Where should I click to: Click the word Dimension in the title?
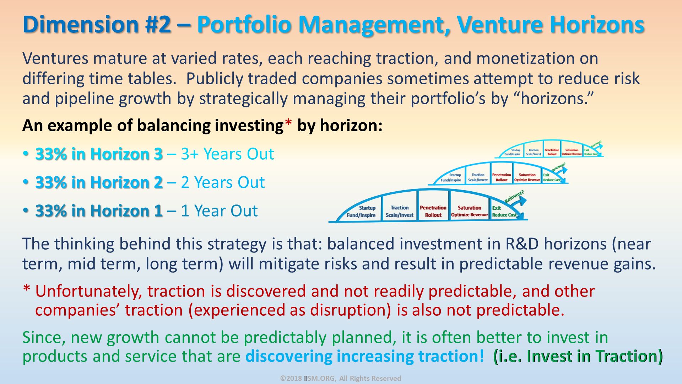tap(80, 25)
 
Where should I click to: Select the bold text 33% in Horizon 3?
tap(99, 154)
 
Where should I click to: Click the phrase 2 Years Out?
tap(223, 182)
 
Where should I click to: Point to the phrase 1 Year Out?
tap(219, 211)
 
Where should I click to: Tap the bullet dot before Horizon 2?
tap(25, 182)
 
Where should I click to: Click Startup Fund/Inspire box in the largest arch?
tap(361, 212)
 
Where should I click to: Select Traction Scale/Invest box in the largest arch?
tap(399, 211)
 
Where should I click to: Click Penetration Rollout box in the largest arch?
tap(433, 211)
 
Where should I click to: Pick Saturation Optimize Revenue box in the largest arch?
tap(469, 211)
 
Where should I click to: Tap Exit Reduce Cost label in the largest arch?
tap(503, 212)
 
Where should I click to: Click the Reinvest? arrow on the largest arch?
tap(517, 199)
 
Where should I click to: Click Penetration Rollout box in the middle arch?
tap(502, 177)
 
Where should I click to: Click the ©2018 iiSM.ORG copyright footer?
tap(341, 378)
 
